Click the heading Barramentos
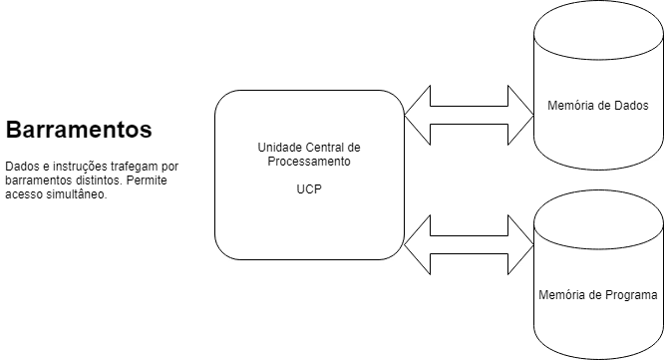(x=79, y=130)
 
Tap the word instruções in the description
(x=80, y=167)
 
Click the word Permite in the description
(x=147, y=180)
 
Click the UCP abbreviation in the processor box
(x=309, y=189)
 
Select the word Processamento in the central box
(x=309, y=162)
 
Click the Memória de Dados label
(x=598, y=106)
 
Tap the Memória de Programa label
(x=598, y=295)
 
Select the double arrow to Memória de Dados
(x=470, y=115)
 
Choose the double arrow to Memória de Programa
(x=470, y=244)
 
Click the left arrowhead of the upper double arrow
(x=418, y=115)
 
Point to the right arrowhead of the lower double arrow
(x=520, y=244)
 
